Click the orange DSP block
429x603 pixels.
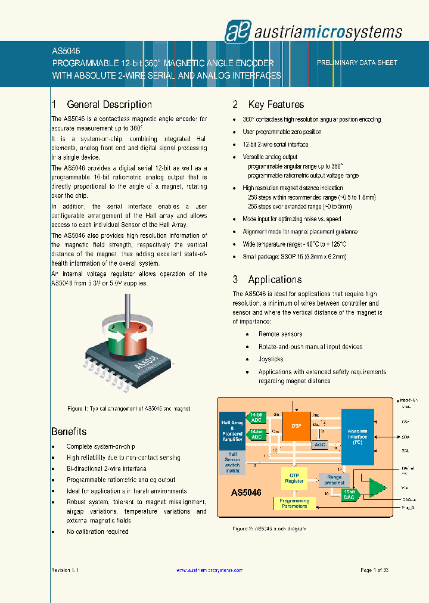(297, 426)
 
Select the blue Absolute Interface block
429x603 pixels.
(357, 436)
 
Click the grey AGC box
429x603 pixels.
(319, 445)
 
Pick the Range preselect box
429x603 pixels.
(334, 480)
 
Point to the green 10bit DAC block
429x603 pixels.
(350, 494)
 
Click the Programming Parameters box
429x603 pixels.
(294, 503)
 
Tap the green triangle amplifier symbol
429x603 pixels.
(377, 487)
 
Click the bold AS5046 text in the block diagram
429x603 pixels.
(246, 493)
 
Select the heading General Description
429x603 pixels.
(109, 105)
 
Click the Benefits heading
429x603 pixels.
(69, 431)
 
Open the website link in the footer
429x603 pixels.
(209, 570)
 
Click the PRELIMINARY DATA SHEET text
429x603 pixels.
(357, 63)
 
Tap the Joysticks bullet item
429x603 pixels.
(271, 359)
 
